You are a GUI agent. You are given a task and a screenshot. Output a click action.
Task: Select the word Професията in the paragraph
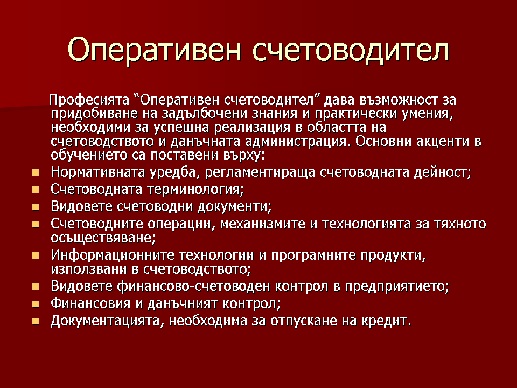(x=89, y=100)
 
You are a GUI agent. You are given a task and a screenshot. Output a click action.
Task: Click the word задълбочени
(x=205, y=114)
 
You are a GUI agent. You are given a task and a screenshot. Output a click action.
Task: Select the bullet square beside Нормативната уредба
(x=36, y=172)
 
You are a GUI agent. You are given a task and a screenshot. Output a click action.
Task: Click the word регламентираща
(x=260, y=172)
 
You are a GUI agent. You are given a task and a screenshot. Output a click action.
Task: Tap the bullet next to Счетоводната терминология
(x=36, y=190)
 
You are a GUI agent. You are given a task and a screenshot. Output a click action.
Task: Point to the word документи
(x=234, y=207)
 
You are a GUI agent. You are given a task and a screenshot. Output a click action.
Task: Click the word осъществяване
(x=103, y=238)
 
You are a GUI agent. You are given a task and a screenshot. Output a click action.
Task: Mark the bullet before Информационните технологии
(x=36, y=255)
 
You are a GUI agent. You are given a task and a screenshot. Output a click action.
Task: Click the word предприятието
(x=397, y=287)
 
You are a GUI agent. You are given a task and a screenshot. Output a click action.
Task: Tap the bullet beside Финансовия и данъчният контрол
(x=36, y=304)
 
